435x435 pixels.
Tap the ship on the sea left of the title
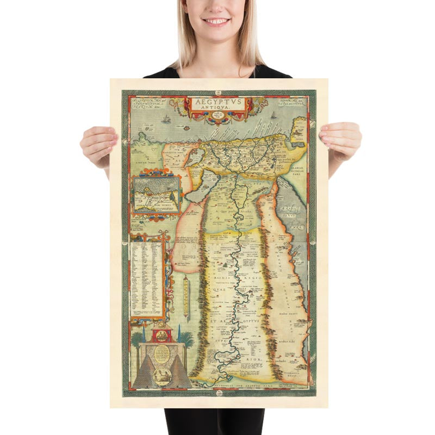click(x=165, y=117)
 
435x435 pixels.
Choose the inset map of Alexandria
click(x=156, y=193)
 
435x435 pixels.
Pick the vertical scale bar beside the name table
click(x=186, y=296)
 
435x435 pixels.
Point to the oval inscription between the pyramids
click(x=163, y=355)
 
